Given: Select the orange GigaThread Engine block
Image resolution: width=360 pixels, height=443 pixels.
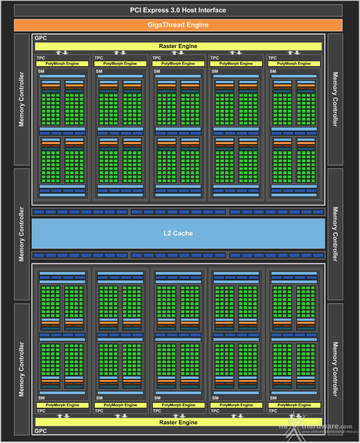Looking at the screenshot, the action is tap(178, 25).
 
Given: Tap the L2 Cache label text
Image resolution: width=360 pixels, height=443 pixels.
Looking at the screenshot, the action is tap(178, 233).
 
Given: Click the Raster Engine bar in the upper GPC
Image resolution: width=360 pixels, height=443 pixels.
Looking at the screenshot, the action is tap(178, 46).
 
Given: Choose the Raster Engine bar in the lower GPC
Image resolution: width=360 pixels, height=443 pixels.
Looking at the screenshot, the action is tap(178, 422).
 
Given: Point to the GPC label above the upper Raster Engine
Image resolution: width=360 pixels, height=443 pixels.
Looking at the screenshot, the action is tap(41, 38).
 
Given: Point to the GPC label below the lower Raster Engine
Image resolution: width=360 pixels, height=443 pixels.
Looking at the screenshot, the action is tap(41, 431).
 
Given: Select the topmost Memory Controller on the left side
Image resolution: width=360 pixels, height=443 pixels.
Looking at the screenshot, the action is tap(22, 99).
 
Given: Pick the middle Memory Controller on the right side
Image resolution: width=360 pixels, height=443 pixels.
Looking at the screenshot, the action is tap(335, 234).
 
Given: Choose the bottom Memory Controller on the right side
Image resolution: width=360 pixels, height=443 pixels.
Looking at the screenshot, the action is tap(335, 369).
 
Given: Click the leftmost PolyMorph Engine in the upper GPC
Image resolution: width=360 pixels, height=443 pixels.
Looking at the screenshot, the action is tap(62, 64).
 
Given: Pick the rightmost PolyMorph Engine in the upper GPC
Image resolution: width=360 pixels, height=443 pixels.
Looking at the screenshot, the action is tap(294, 64).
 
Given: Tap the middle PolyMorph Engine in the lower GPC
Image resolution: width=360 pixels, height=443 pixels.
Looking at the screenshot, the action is tap(178, 405).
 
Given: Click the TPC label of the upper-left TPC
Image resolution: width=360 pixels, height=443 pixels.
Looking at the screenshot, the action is tap(41, 58).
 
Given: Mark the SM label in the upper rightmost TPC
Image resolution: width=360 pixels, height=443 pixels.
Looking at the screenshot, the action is tap(273, 71).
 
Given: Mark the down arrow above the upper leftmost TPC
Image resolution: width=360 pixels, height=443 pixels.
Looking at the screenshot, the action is tap(66, 53).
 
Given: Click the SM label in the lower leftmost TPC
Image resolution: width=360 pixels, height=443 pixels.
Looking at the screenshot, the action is tap(41, 398).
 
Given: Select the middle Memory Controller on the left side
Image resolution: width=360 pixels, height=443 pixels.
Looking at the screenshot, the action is tap(22, 234).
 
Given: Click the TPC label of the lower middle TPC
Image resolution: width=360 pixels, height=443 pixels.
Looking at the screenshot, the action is tap(157, 411).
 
